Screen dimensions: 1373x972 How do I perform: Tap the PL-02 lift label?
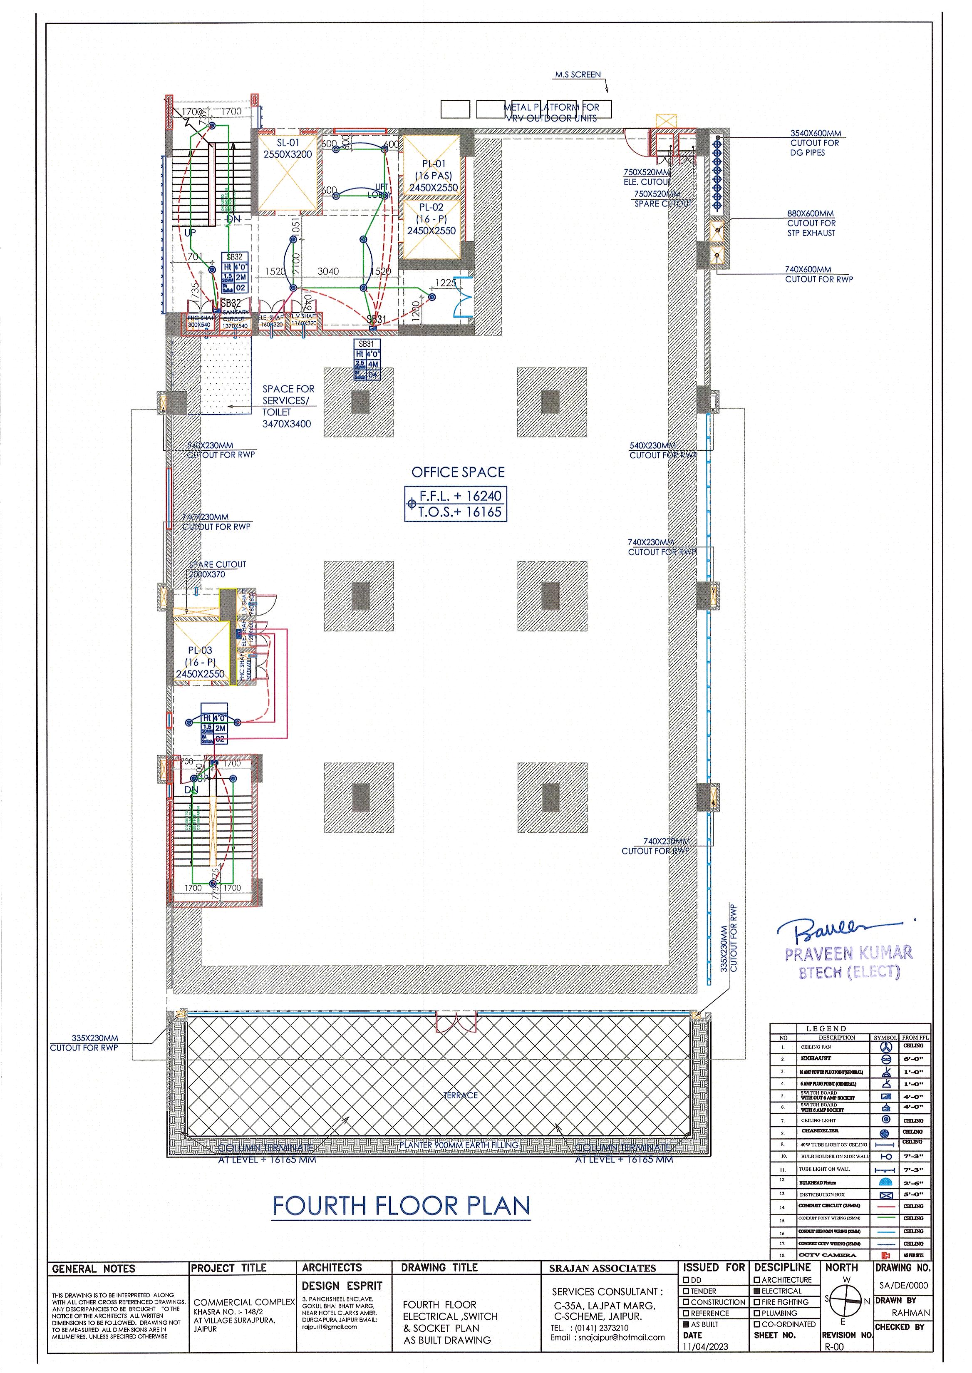coord(431,208)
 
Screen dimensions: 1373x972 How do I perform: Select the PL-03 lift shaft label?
coord(200,650)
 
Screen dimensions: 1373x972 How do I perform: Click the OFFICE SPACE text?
coord(458,472)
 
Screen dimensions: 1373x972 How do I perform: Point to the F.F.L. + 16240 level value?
coord(460,496)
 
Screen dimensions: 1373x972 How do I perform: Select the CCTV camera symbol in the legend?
coord(886,1255)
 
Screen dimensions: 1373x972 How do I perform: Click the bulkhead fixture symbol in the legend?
coord(886,1183)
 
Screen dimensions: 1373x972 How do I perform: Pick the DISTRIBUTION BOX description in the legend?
coord(822,1194)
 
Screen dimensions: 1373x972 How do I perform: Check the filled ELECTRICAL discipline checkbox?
coord(758,1291)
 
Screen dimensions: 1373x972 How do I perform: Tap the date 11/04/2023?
coord(705,1347)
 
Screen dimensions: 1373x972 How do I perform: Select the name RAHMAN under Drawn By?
coord(910,1313)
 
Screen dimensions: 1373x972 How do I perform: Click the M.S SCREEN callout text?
coord(578,75)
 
